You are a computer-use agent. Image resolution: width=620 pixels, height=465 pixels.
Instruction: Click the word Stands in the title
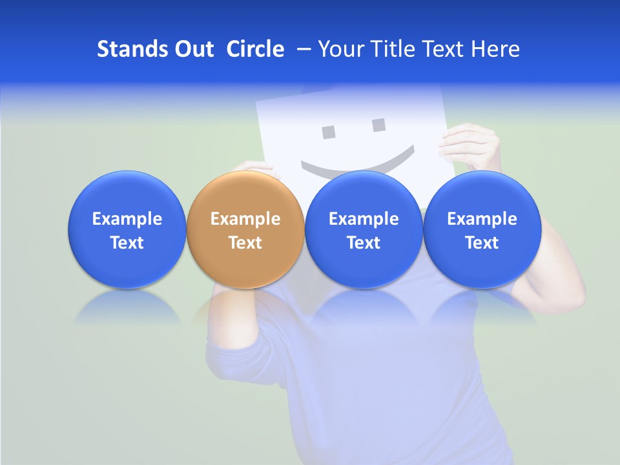point(128,49)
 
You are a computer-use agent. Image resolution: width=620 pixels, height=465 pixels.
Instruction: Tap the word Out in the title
point(192,49)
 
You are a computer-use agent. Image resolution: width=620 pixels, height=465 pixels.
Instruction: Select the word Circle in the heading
point(255,49)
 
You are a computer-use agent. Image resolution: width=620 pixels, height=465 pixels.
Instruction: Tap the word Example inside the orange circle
point(245,219)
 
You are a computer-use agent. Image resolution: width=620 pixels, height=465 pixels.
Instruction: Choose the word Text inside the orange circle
point(245,243)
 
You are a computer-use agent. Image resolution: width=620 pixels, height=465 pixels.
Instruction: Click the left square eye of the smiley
point(329,132)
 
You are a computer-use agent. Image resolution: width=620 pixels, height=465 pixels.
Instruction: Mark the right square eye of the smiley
point(378,125)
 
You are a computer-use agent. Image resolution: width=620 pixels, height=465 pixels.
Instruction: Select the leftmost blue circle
point(127,229)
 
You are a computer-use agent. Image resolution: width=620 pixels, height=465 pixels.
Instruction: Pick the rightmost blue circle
point(482,229)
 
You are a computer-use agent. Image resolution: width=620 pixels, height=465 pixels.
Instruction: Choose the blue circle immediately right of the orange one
point(364,229)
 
